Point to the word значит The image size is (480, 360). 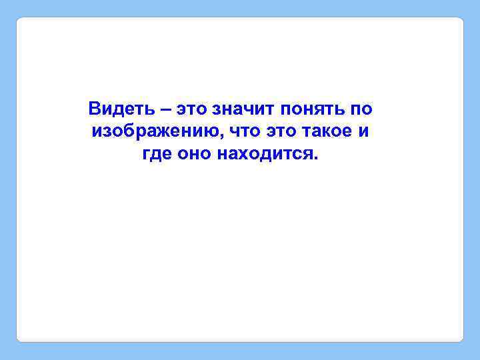point(243,109)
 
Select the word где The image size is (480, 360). point(156,155)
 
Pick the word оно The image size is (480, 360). point(193,154)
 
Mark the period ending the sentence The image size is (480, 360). point(317,159)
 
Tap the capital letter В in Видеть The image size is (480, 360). point(94,108)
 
